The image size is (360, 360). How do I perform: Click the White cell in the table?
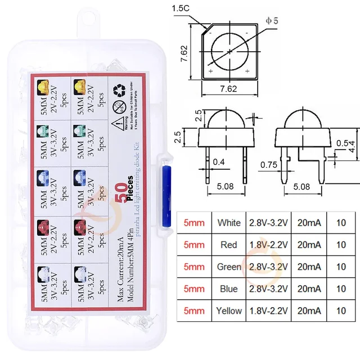coord(229,223)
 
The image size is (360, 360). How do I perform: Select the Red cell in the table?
coord(229,245)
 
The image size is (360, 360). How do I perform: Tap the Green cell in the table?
coord(229,267)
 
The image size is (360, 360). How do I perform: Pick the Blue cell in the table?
coord(229,289)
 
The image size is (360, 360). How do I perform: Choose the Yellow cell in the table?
coord(229,310)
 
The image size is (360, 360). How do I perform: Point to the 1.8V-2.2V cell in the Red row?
coord(268,245)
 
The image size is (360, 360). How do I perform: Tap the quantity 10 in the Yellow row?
coord(341,310)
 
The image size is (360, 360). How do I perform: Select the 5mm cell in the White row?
coord(194,223)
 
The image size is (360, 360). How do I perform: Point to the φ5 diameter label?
coord(272,21)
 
